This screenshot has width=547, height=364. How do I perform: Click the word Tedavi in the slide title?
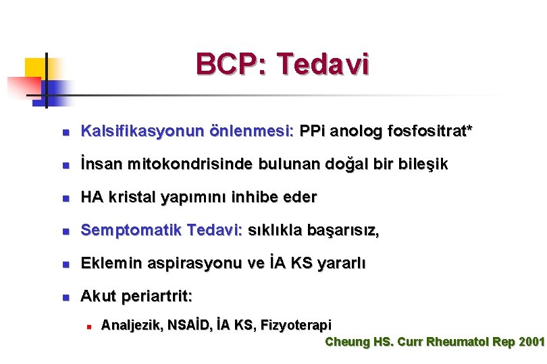[x=323, y=65]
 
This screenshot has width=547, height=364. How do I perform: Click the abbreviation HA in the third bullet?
[x=90, y=197]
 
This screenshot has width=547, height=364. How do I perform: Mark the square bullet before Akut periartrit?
[x=64, y=297]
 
